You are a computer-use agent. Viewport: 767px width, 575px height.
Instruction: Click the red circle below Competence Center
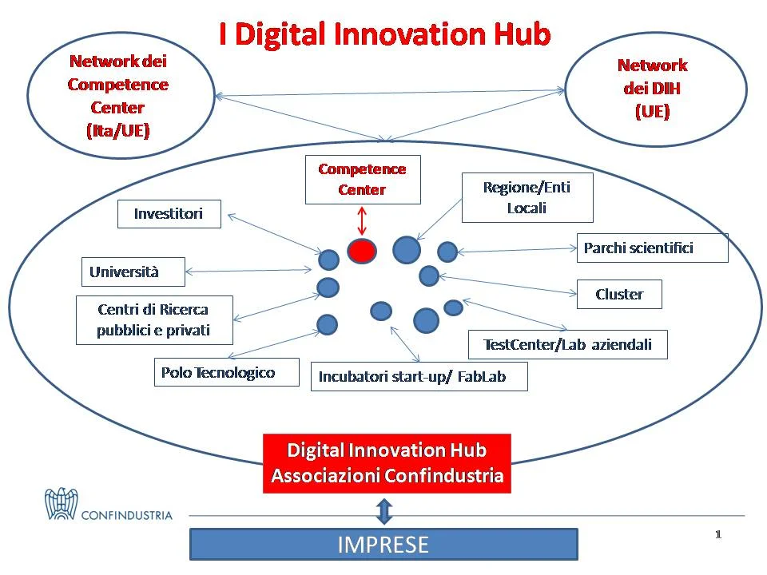coord(362,252)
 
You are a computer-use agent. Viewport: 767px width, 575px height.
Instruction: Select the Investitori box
coord(169,214)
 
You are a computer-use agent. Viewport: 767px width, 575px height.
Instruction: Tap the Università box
coord(133,272)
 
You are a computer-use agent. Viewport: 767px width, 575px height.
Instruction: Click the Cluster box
coord(619,294)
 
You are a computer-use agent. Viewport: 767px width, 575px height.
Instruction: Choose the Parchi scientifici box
coord(653,248)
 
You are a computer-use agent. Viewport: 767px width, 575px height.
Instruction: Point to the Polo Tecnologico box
coord(226,372)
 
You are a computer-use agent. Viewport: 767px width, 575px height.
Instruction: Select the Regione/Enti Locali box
coord(527,197)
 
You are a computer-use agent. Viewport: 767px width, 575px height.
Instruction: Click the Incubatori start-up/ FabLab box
coord(419,376)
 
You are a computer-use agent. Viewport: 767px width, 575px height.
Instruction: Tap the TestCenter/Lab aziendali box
coord(568,345)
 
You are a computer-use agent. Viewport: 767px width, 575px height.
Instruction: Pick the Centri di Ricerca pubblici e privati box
coord(154,320)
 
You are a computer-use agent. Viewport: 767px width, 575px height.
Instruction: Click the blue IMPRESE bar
coord(383,544)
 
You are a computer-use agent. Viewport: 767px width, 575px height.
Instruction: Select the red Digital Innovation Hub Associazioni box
coord(387,463)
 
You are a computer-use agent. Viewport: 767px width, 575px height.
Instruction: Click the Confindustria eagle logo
coord(62,504)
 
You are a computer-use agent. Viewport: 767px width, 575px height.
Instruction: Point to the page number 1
coord(718,534)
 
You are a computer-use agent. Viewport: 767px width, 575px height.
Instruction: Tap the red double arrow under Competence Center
coord(361,221)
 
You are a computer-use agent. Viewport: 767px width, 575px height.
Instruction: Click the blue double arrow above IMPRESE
coord(384,511)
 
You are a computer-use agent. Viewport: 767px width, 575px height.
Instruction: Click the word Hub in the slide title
coord(523,34)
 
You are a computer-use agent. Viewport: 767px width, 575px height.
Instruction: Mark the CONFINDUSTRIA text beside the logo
coord(127,515)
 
